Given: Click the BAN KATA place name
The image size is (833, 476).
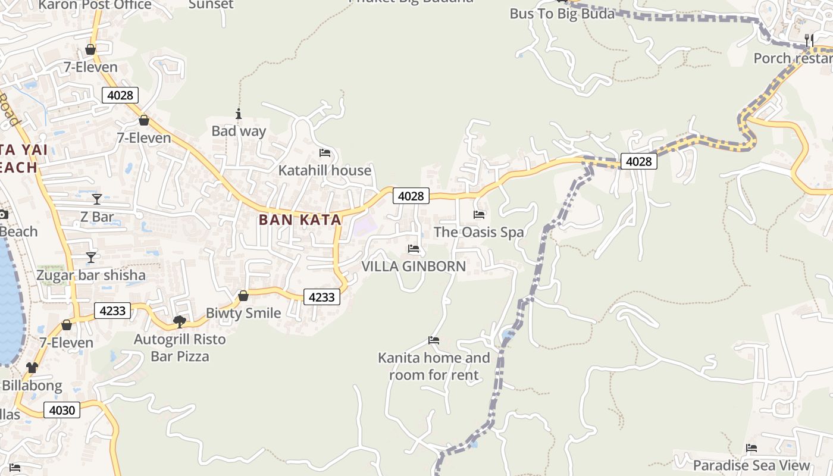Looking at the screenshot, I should point(300,220).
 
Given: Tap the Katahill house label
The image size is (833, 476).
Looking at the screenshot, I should point(325,171).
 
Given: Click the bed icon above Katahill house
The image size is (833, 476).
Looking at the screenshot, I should point(325,153).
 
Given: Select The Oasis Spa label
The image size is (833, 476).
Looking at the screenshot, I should point(479,232).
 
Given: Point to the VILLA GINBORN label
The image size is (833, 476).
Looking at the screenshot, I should point(414,266).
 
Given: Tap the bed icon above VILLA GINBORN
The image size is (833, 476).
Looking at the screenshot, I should point(414,248).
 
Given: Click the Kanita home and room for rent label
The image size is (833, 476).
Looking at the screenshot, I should point(434,366).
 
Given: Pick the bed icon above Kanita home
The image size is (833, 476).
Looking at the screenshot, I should point(434,340).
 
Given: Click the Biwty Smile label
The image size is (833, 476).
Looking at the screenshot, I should point(243,313).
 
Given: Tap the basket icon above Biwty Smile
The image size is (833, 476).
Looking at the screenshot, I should point(243,296).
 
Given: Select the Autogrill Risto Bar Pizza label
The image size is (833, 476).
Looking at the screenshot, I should point(180,347).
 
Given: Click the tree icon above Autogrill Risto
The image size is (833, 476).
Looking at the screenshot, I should point(180,322).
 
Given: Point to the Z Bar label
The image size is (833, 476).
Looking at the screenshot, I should point(97,217).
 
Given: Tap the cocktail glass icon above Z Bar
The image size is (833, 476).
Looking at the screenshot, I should point(97,199).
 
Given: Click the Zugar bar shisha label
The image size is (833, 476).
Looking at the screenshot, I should point(91,275).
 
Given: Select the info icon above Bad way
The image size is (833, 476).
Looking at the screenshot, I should point(239,114).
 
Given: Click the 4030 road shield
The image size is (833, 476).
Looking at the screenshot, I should point(62,410).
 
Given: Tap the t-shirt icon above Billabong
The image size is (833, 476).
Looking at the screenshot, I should point(32,368).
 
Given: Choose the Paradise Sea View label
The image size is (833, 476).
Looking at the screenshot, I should point(751,465).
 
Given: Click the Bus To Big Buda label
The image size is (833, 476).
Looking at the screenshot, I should point(562,14).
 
